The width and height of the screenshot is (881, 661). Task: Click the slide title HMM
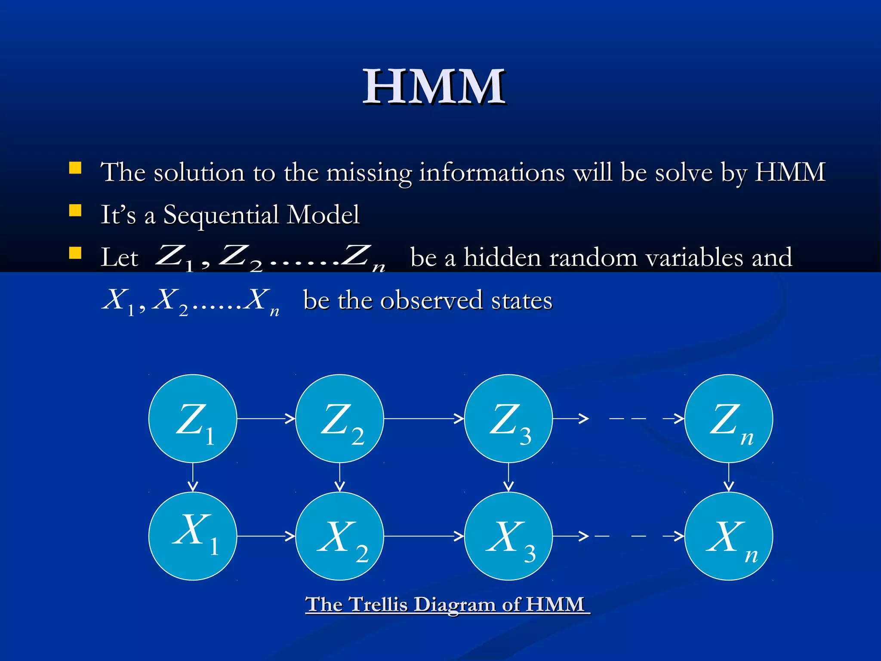(434, 87)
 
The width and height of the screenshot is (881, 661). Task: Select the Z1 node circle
(193, 418)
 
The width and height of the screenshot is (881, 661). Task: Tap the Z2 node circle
(339, 418)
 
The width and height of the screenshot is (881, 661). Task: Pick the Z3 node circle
(508, 418)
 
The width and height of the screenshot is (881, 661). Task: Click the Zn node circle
(728, 418)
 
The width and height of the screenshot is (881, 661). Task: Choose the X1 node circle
(193, 536)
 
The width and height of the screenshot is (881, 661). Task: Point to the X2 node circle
(339, 536)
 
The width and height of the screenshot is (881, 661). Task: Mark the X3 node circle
(508, 536)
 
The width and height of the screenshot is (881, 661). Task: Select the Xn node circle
(728, 536)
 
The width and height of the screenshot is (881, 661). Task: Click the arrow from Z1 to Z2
(266, 418)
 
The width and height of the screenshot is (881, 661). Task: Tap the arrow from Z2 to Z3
(424, 418)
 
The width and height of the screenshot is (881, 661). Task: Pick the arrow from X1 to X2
(266, 536)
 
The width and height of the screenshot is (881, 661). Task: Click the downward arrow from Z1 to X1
(193, 477)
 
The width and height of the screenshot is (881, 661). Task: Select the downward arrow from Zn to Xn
(728, 477)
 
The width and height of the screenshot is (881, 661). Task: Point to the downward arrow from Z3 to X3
(508, 477)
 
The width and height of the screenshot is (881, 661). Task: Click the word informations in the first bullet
(492, 173)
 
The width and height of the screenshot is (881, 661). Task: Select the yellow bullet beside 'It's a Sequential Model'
(75, 210)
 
